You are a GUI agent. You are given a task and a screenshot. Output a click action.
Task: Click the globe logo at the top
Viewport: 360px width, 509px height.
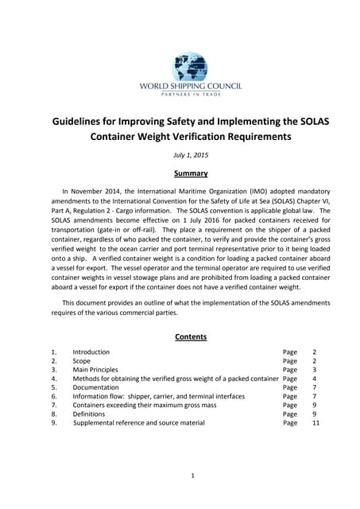[x=190, y=67]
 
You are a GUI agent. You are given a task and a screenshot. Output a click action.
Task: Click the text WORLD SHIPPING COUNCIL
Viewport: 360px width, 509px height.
[x=191, y=87]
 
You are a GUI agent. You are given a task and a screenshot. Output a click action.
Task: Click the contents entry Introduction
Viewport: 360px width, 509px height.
[x=91, y=352]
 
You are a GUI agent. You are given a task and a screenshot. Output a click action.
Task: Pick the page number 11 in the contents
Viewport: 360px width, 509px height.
[x=315, y=423]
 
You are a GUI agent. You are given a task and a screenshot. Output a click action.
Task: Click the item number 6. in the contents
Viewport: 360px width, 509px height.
[x=54, y=396]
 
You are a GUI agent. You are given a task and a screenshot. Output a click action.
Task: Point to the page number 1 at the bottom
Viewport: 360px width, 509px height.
[x=192, y=476]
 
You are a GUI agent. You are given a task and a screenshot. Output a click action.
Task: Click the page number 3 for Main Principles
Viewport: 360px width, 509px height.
[x=315, y=369]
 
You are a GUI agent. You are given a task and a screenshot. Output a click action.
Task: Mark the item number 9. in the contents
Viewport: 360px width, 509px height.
[x=54, y=423]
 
